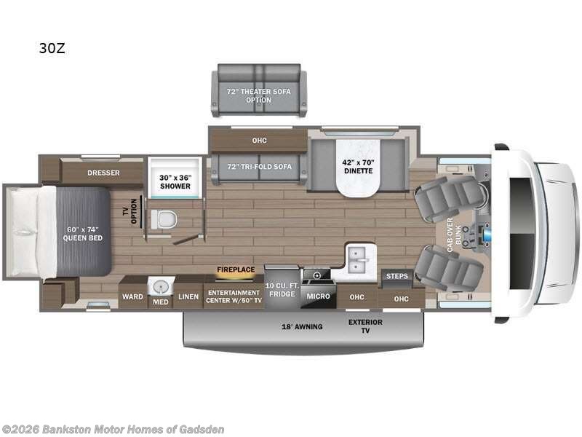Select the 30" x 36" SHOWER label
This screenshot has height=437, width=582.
175,181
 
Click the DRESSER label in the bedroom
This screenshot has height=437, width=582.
103,173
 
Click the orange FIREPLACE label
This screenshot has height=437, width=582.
236,269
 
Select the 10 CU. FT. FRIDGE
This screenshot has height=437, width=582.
282,288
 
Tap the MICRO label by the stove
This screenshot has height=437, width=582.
317,296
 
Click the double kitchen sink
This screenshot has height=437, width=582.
359,256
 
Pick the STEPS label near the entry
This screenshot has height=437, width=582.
396,276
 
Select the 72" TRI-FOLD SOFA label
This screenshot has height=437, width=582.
260,167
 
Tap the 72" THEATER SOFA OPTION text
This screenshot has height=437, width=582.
259,95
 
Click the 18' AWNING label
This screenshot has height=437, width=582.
303,326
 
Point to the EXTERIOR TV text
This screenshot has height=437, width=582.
365,326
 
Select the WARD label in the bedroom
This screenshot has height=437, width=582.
132,296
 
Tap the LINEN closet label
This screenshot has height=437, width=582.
188,296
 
